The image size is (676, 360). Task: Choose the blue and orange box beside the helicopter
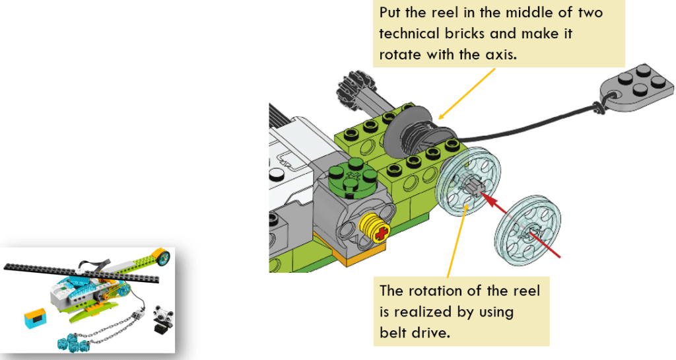(x=35, y=320)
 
